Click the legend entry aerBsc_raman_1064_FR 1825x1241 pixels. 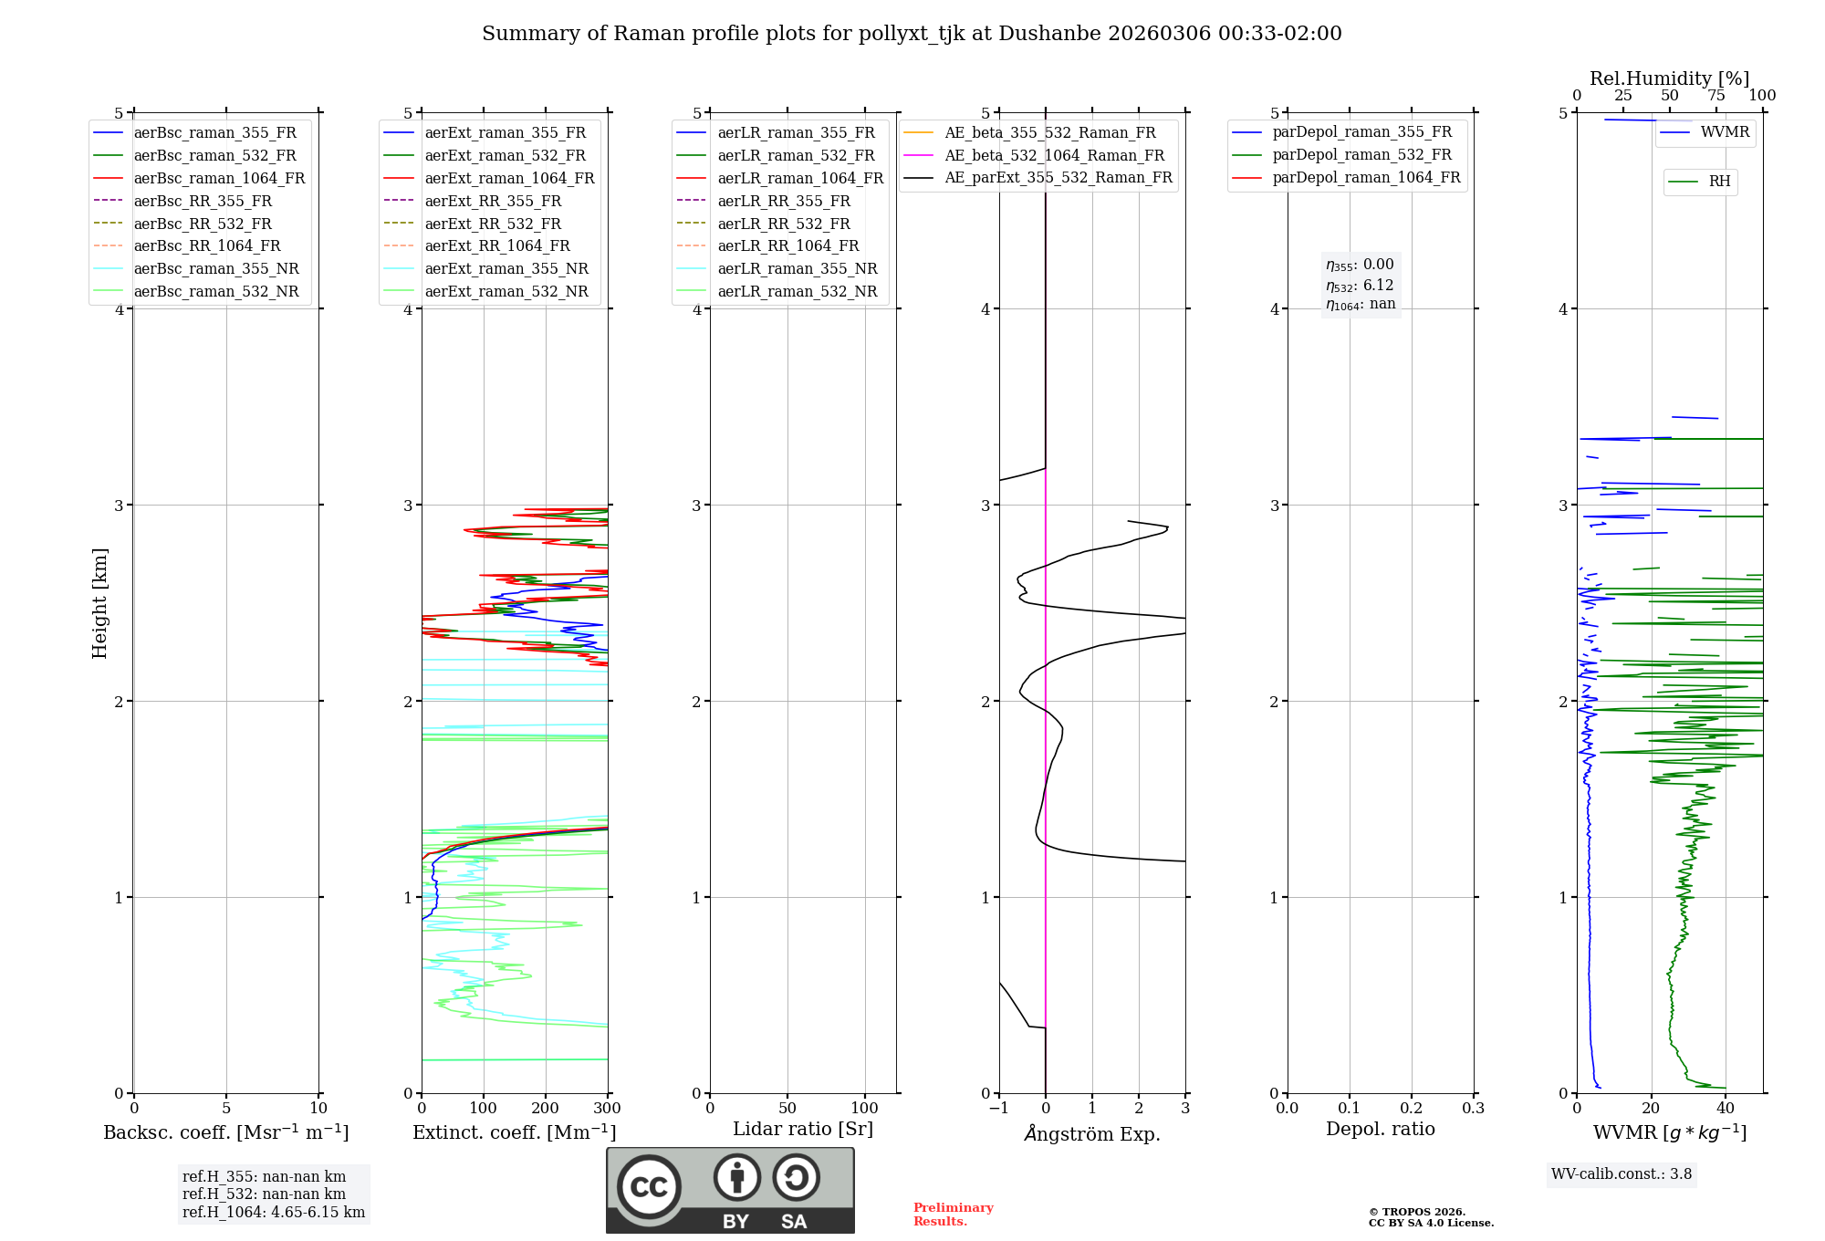click(x=219, y=178)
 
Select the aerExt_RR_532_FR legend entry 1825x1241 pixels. click(x=492, y=224)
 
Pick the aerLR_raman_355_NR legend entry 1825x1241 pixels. click(x=797, y=268)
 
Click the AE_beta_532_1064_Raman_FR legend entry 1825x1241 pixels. click(x=1054, y=155)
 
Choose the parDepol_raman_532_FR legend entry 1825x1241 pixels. click(x=1361, y=155)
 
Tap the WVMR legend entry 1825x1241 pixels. click(x=1724, y=132)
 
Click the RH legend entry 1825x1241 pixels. click(x=1719, y=182)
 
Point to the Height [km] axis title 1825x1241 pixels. click(x=99, y=602)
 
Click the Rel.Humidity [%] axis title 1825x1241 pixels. click(x=1669, y=78)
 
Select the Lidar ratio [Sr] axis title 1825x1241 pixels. click(x=803, y=1129)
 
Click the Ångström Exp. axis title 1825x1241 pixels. click(x=1092, y=1133)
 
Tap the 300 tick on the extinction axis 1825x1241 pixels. click(x=608, y=1109)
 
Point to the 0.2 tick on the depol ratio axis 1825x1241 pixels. click(x=1412, y=1109)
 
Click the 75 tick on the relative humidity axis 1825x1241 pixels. click(x=1716, y=96)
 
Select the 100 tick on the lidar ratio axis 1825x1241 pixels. click(x=865, y=1109)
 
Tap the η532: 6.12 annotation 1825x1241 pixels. click(x=1360, y=286)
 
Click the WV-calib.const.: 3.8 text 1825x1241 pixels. click(x=1622, y=1174)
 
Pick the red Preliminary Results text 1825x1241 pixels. click(x=953, y=1215)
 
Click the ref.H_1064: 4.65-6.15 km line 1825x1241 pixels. click(x=274, y=1213)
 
